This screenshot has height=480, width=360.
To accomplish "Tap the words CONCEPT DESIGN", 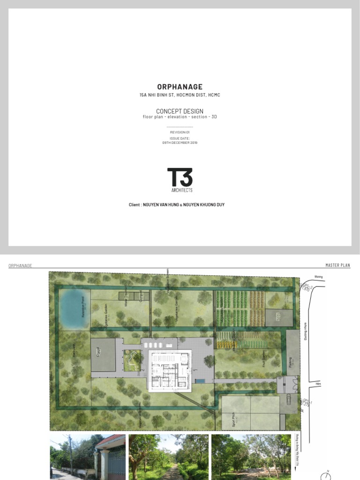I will point(180,111).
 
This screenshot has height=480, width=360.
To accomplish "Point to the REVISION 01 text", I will point(180,133).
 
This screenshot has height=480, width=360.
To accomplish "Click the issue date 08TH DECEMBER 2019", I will point(180,142).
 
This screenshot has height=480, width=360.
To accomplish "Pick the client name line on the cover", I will point(176,205).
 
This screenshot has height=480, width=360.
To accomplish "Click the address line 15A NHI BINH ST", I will point(180,95).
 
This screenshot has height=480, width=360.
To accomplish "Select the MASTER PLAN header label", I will point(337,265).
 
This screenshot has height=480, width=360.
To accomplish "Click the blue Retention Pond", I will point(74,308).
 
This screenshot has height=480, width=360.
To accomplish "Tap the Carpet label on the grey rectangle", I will point(98,352).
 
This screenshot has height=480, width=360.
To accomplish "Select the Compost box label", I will point(140,296).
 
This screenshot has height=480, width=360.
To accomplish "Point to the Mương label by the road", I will point(318,277).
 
